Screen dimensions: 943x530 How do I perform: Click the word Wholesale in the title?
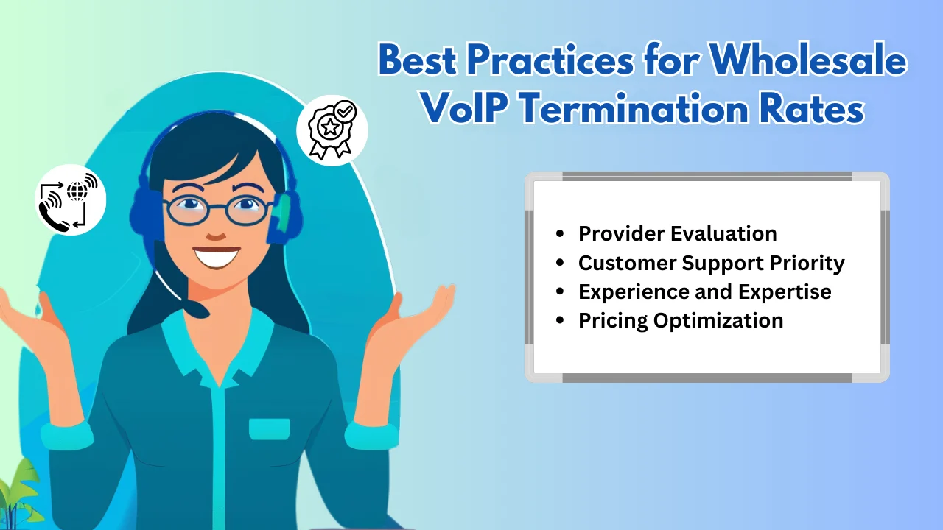coord(807,60)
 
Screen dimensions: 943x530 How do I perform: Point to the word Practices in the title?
coord(550,60)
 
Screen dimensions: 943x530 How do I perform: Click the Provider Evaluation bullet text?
coord(677,233)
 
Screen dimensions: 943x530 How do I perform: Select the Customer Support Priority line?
coord(712,264)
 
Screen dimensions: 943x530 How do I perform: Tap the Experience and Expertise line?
coord(705,292)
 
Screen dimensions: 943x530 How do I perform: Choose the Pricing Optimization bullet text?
coord(681,321)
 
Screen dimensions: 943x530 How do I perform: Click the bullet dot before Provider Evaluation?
coord(559,234)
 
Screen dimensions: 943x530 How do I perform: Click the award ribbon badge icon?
coord(332,130)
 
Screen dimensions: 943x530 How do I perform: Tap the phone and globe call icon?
coord(70,200)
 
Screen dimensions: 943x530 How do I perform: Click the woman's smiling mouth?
coord(217,256)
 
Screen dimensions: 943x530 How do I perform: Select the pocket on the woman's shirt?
coord(270,429)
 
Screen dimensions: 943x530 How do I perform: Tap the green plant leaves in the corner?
coord(19,495)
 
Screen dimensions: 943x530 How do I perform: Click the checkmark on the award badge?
coord(346,111)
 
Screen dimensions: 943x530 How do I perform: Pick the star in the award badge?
coord(330,126)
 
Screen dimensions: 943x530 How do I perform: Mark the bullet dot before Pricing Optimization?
coord(559,320)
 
